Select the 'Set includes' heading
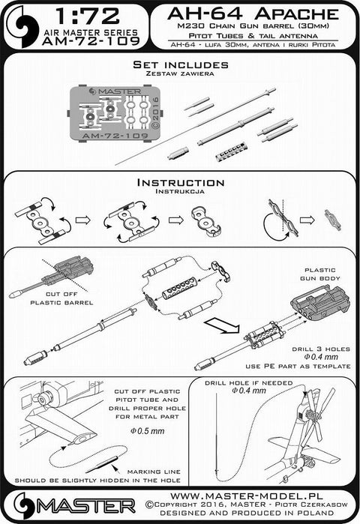tap(180, 66)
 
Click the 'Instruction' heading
tap(180, 182)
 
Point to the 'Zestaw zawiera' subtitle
tap(180, 76)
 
